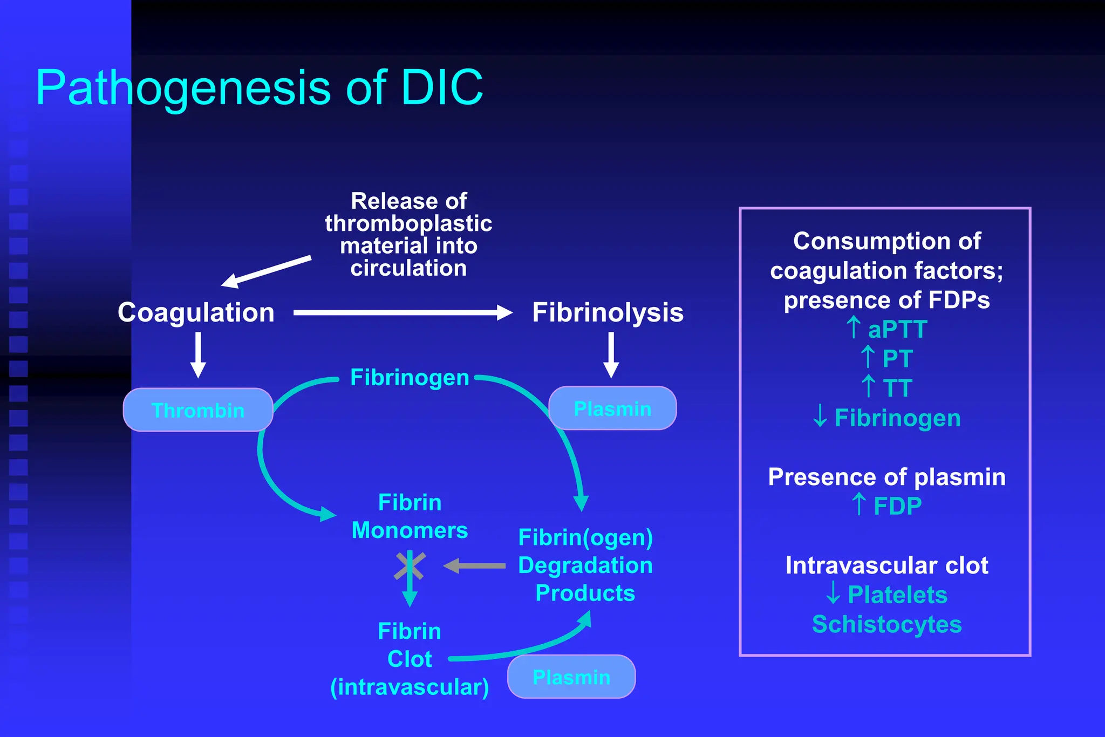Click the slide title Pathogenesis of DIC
(x=259, y=87)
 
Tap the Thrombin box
(x=198, y=410)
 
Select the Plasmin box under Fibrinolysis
(x=612, y=408)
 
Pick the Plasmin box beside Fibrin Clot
(x=571, y=677)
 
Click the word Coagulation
(x=196, y=312)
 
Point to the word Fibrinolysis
(x=608, y=312)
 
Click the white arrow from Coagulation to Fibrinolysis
(x=403, y=312)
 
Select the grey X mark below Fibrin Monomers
(x=410, y=565)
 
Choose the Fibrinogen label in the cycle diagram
(x=410, y=378)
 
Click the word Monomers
(x=410, y=530)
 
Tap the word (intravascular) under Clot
(x=410, y=687)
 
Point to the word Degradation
(x=585, y=565)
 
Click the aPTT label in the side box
(x=897, y=329)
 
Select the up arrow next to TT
(x=868, y=386)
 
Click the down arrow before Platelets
(x=833, y=592)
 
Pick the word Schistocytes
(x=886, y=624)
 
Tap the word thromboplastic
(x=408, y=223)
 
